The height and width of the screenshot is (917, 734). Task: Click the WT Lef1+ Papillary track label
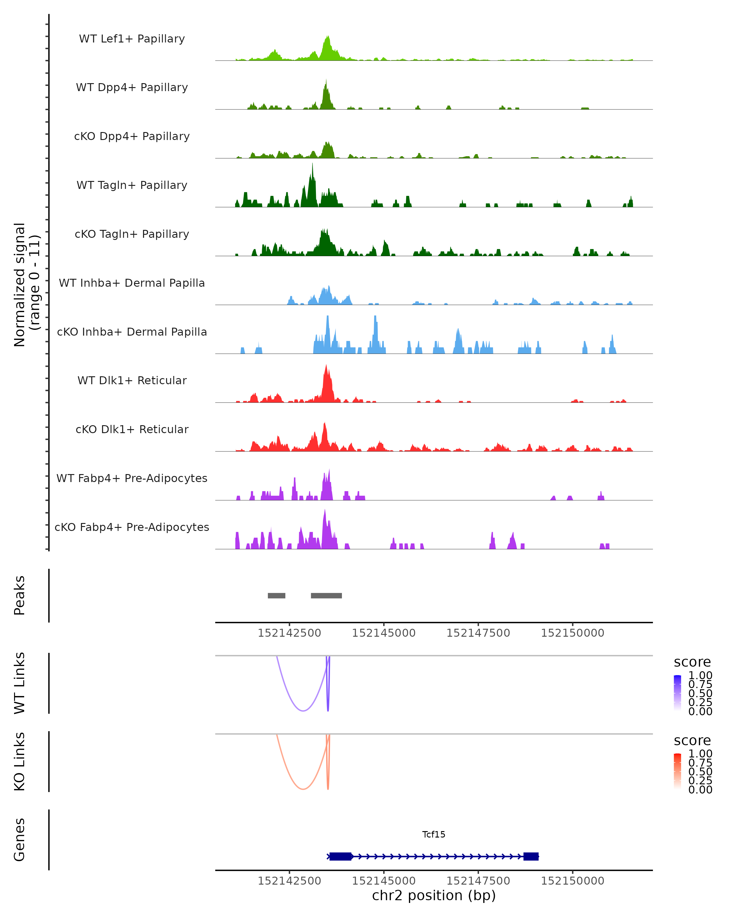point(132,39)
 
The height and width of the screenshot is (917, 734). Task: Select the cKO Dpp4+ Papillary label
point(132,136)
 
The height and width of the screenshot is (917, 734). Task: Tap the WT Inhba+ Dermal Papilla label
point(132,283)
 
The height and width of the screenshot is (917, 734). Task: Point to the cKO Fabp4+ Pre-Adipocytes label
point(132,527)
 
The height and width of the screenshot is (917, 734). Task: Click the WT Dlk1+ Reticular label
point(132,380)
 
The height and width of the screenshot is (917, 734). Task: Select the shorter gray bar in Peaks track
point(276,595)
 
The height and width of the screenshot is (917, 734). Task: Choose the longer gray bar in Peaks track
point(326,595)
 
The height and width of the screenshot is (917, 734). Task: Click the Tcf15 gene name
point(434,834)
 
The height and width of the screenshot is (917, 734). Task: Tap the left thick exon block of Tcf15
point(340,856)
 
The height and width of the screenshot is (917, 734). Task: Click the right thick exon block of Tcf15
point(531,856)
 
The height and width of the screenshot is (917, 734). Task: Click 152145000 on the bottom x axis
point(384,881)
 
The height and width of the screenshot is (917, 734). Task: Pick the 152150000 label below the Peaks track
point(572,633)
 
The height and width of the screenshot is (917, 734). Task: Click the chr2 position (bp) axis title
point(434,896)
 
